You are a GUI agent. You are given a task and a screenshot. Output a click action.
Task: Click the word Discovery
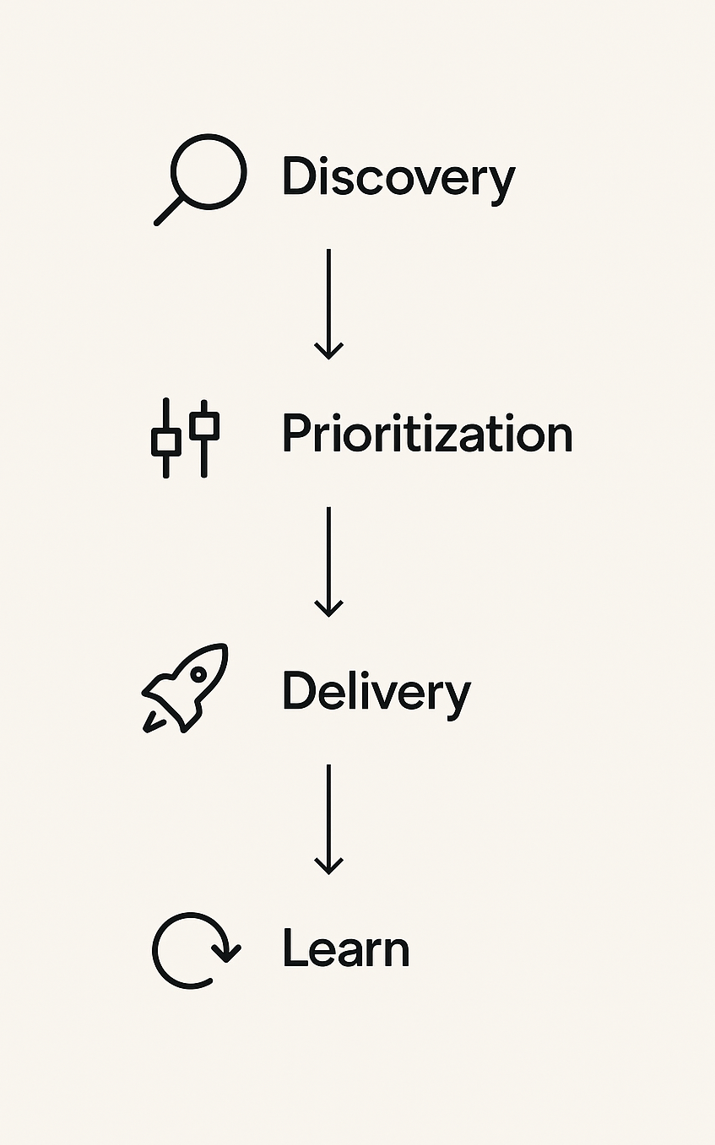(398, 178)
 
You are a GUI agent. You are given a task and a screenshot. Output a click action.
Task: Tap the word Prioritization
(426, 434)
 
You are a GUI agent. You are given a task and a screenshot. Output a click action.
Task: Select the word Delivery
(376, 691)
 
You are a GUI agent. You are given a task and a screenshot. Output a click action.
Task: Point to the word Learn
(345, 948)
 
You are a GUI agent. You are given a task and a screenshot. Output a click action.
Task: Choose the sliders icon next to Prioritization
(185, 436)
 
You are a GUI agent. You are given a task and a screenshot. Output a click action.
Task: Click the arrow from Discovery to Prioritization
(328, 304)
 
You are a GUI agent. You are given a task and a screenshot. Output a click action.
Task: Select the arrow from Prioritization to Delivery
(328, 561)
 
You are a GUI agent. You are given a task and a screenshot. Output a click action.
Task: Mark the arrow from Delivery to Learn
(328, 818)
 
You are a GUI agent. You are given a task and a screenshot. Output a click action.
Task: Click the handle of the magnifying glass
(169, 211)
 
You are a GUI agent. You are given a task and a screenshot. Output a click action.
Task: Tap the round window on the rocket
(198, 674)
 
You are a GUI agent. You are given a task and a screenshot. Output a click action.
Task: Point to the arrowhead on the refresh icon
(225, 954)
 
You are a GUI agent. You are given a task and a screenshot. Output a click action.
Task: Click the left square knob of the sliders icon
(165, 441)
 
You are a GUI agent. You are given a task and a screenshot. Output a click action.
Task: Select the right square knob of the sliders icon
(204, 424)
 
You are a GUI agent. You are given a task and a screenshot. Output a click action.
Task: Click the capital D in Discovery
(297, 177)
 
